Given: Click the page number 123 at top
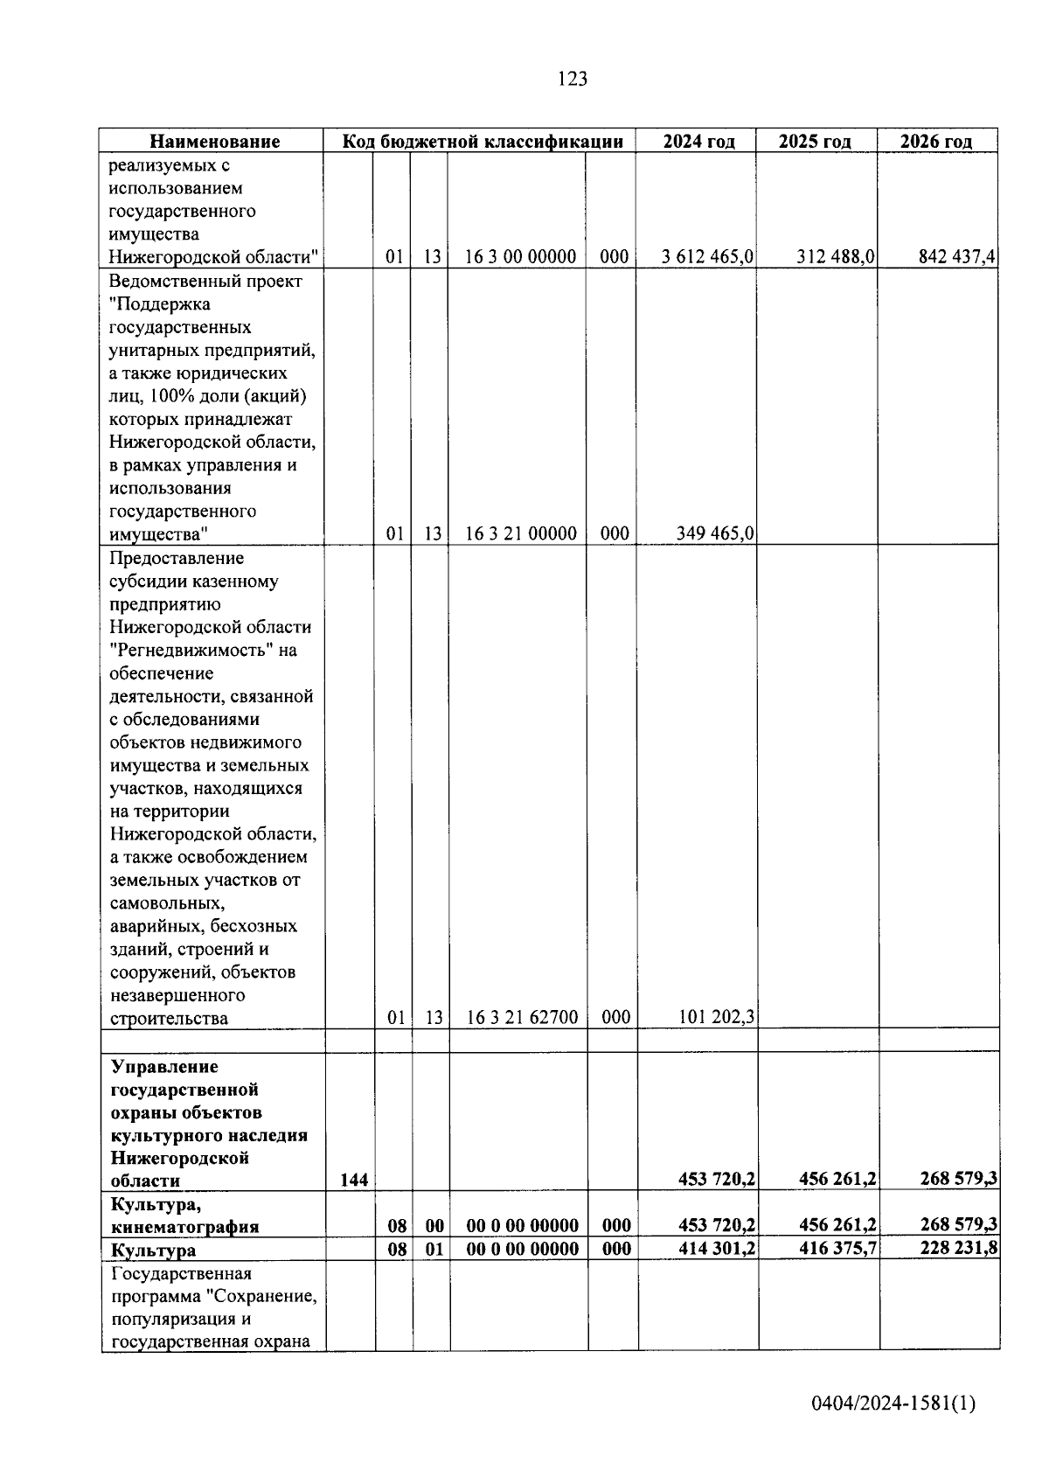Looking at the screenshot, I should coord(572,79).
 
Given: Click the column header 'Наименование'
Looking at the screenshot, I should coord(214,142).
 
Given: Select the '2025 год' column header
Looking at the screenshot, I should coord(815,142).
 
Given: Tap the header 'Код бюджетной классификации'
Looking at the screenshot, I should coord(482,142).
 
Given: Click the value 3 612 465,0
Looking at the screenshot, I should coord(708,257).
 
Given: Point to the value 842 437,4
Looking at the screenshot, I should coord(957,257).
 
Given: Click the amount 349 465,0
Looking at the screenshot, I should coord(716,533).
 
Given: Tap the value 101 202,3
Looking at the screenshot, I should coord(716,1017).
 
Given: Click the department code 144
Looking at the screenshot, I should coord(353,1181).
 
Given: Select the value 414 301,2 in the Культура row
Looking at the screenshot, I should coord(716,1249).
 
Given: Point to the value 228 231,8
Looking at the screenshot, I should coord(958,1249).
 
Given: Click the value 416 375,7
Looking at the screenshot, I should coord(837,1249).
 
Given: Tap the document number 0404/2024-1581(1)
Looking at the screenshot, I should coord(893,1404).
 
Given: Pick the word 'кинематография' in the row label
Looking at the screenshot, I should coord(184,1227).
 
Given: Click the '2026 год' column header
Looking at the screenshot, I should coord(936,142).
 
